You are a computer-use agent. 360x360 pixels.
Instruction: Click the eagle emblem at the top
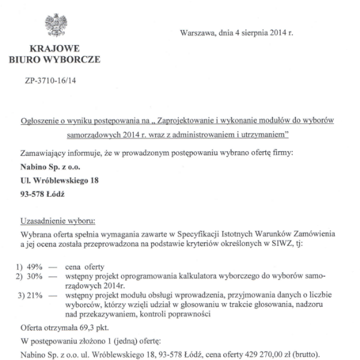[55, 26]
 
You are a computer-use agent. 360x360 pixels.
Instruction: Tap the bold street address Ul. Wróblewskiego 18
[59, 181]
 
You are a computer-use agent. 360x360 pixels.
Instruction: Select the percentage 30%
[34, 277]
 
